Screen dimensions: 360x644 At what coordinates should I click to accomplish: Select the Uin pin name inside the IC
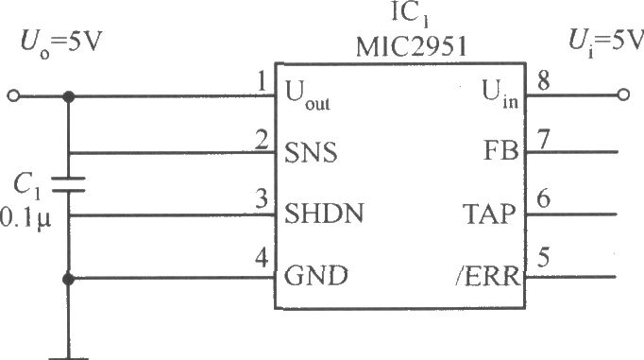(500, 93)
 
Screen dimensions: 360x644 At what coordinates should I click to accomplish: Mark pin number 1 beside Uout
(260, 83)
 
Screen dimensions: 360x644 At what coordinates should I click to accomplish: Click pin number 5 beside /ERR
(543, 257)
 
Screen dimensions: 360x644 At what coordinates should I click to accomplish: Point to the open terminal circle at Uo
(13, 95)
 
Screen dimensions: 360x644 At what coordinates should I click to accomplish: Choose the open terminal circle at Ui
(621, 95)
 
